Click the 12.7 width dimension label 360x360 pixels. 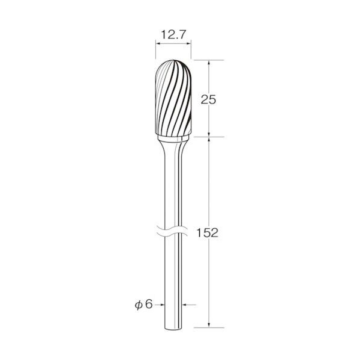pyautogui.click(x=173, y=34)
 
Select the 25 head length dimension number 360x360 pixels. pyautogui.click(x=208, y=100)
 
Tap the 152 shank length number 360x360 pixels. pyautogui.click(x=207, y=233)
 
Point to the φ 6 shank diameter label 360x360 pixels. pyautogui.click(x=144, y=305)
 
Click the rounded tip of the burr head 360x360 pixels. pyautogui.click(x=173, y=60)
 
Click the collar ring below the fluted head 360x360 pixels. pyautogui.click(x=173, y=138)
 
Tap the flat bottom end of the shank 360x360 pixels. pyautogui.click(x=173, y=330)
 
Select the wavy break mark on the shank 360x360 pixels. pyautogui.click(x=172, y=231)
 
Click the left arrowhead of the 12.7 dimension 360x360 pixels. pyautogui.click(x=158, y=43)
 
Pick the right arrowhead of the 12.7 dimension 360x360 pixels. pyautogui.click(x=188, y=43)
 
